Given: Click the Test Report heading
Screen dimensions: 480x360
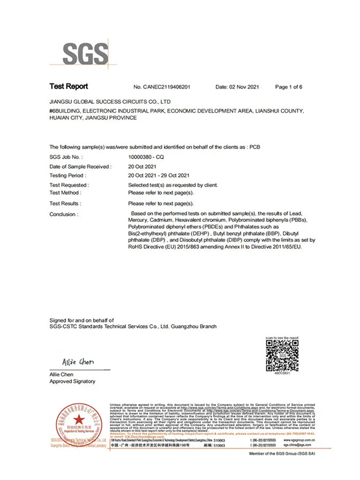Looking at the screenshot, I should tap(68, 86).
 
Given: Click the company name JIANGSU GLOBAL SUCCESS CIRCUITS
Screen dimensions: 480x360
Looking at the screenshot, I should tap(110, 102).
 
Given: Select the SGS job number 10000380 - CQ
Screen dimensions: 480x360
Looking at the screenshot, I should tap(143, 156).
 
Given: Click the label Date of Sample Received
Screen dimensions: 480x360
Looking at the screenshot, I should tap(80, 166).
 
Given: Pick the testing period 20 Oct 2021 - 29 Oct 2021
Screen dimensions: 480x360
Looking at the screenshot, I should tap(159, 175).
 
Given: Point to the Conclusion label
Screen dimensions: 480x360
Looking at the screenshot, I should tap(64, 214).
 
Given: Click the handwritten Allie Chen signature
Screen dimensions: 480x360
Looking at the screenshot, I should tap(78, 362).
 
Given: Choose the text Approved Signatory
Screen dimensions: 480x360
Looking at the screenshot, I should tap(72, 382).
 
